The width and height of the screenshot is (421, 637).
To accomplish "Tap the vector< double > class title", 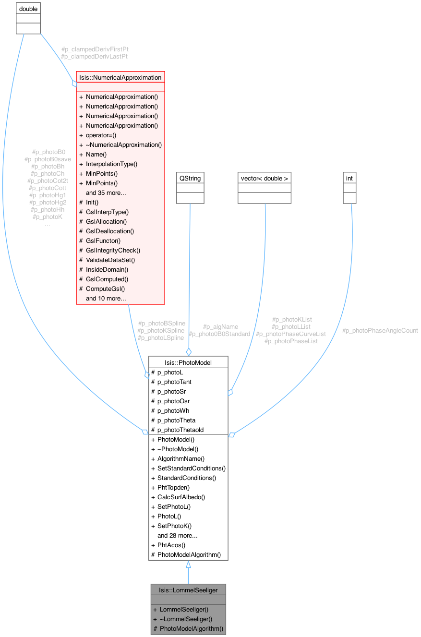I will click(x=265, y=178).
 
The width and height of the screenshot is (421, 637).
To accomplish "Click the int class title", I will click(x=349, y=178).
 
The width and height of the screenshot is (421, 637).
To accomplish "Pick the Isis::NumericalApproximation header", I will click(x=120, y=77).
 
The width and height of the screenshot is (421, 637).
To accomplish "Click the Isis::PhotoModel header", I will click(x=188, y=362).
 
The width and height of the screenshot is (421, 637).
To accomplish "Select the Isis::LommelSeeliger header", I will click(x=188, y=589).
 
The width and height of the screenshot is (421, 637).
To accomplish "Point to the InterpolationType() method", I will click(x=111, y=164).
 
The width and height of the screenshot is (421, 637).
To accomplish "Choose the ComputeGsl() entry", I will click(x=105, y=288).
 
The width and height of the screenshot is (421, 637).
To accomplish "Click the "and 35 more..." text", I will click(x=106, y=192).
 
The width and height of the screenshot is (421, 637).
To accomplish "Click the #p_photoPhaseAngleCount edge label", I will click(x=380, y=331).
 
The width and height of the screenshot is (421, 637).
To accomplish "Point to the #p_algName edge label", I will click(x=221, y=326).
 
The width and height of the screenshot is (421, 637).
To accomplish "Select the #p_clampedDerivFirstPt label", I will click(x=95, y=49).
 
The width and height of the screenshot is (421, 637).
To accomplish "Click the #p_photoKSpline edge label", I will click(x=160, y=330).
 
